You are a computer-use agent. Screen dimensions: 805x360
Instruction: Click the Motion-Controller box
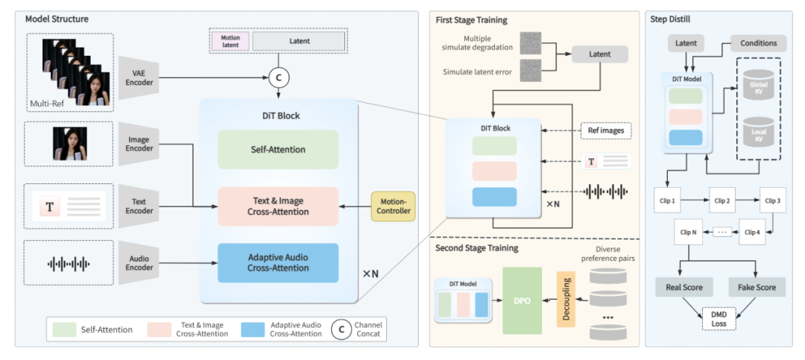coord(394,206)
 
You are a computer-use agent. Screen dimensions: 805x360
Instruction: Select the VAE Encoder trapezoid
coord(139,78)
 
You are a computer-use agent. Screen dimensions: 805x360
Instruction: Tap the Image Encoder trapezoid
coord(139,144)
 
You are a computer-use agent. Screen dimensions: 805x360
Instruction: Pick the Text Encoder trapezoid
coord(139,206)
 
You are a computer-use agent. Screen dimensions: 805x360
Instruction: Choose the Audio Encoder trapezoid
coord(139,263)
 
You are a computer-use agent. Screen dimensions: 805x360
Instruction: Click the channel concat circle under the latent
coord(279,78)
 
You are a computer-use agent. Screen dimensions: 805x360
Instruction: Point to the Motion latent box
coord(230,41)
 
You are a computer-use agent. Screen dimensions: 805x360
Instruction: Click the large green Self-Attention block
coord(278,150)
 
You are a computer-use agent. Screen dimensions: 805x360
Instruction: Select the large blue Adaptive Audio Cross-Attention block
coord(278,262)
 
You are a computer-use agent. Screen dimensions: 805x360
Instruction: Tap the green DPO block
coord(522,300)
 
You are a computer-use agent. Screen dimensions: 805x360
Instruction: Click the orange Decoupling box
coord(566,300)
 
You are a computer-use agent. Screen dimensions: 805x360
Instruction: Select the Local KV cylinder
coord(758,133)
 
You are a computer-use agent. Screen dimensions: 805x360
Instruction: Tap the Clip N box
coord(689,232)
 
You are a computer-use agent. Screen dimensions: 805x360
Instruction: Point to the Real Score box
coord(684,287)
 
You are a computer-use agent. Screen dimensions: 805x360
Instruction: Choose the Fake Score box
coord(757,287)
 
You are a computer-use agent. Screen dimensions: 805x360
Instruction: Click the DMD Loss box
coord(719,318)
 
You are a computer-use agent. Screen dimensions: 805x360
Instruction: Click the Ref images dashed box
coord(606,130)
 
